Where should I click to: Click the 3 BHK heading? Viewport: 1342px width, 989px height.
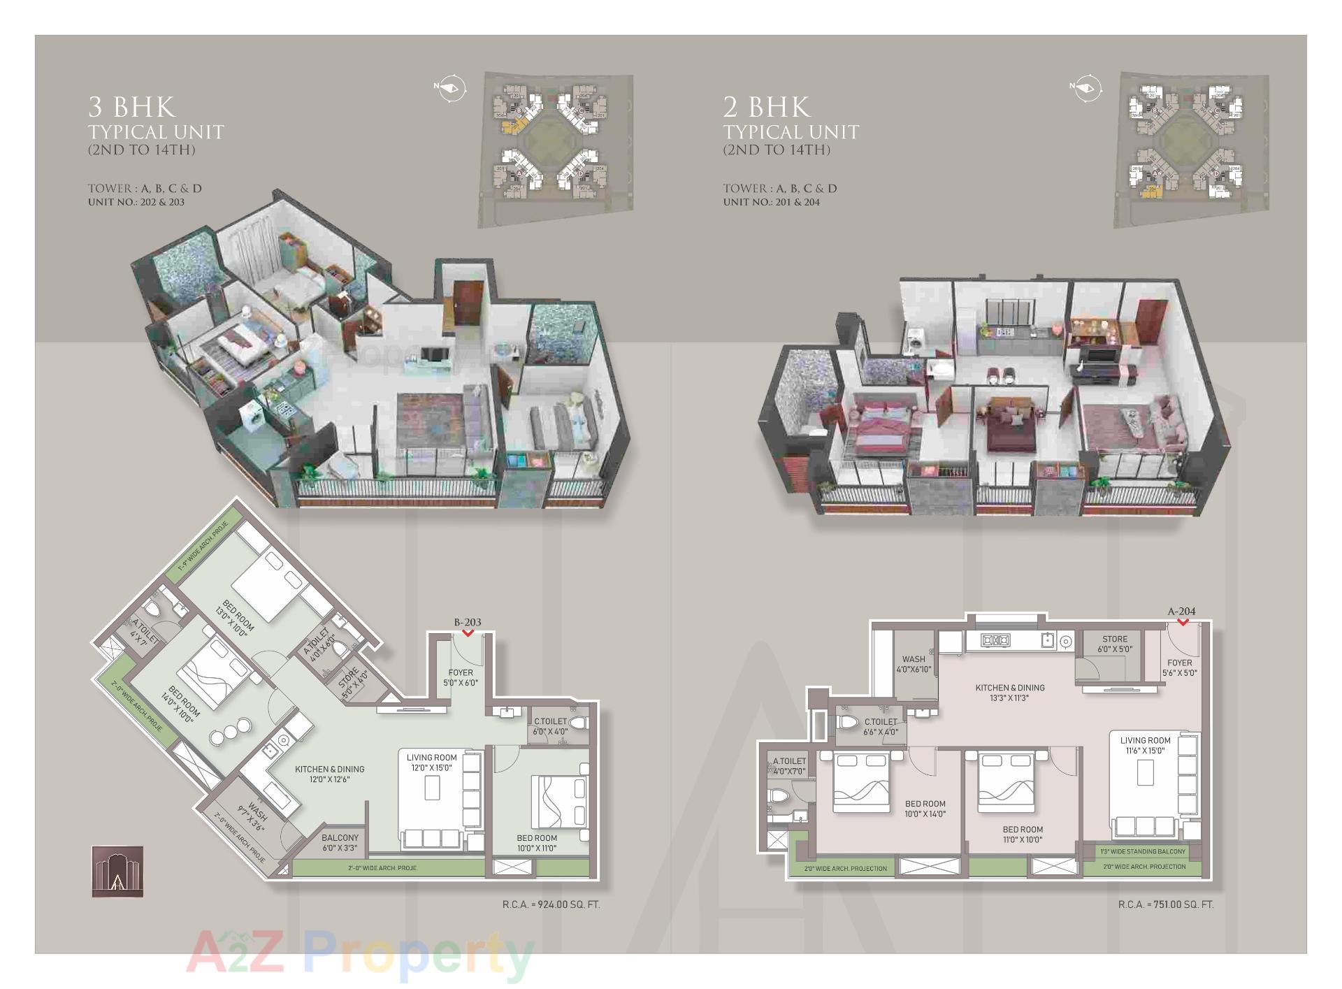[132, 107]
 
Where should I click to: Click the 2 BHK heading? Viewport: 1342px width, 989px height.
[767, 107]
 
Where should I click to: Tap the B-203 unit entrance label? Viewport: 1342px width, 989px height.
[468, 622]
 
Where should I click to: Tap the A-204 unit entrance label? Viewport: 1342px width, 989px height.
[1181, 612]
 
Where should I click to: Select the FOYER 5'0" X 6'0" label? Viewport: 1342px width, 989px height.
[461, 677]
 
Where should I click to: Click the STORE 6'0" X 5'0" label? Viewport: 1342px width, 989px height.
[1114, 644]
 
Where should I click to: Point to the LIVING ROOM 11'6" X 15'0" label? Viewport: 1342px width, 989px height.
[1145, 745]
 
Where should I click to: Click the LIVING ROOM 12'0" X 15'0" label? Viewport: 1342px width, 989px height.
[431, 762]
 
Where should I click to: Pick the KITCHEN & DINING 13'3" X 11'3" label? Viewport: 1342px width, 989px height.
[1009, 692]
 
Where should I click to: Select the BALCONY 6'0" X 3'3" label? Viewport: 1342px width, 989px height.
[340, 842]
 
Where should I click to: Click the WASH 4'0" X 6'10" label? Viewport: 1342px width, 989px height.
[914, 663]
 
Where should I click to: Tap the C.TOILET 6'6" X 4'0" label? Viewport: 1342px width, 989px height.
[880, 726]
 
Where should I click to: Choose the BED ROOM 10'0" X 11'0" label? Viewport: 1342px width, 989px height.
[537, 842]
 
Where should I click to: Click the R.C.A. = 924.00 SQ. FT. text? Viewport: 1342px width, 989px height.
[551, 904]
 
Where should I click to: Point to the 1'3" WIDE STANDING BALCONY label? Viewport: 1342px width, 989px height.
[1143, 851]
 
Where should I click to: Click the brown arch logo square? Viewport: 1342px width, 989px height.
[117, 872]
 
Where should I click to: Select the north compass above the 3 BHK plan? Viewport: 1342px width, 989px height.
[449, 88]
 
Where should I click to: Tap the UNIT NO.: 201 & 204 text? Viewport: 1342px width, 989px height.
[771, 202]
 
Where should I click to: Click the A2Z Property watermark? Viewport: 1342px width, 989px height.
[360, 955]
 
